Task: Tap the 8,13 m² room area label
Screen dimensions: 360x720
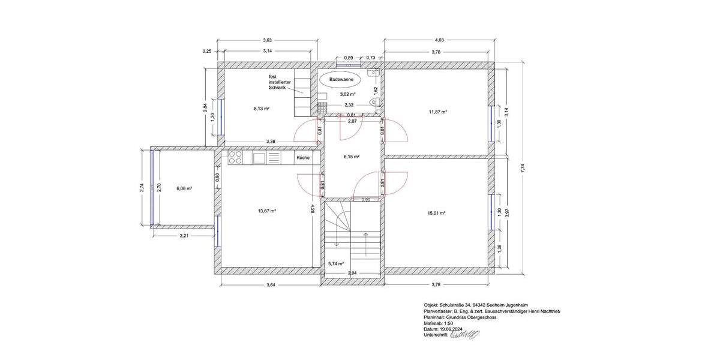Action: pos(261,109)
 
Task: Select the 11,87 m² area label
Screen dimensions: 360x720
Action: pos(438,112)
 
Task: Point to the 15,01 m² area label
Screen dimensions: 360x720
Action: pos(438,212)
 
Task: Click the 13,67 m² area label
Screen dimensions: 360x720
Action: pos(266,211)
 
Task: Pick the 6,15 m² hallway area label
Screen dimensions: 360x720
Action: pos(351,157)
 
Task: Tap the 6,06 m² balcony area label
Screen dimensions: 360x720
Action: pos(184,188)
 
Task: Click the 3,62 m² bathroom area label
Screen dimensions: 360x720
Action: pos(348,94)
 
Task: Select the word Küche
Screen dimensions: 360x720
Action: pos(303,158)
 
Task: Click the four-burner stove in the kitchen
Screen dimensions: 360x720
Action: pos(236,158)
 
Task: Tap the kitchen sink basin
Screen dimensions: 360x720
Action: pos(259,158)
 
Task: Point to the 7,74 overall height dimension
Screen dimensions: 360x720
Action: pos(523,169)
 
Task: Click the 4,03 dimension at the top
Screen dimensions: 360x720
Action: pos(439,40)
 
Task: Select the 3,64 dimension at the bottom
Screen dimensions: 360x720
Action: pos(270,284)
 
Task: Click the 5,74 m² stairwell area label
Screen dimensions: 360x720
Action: pos(336,263)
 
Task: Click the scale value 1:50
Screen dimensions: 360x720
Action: pos(448,323)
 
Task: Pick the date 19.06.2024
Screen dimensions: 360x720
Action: pos(454,329)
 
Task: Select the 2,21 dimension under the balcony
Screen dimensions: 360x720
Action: pos(185,236)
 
